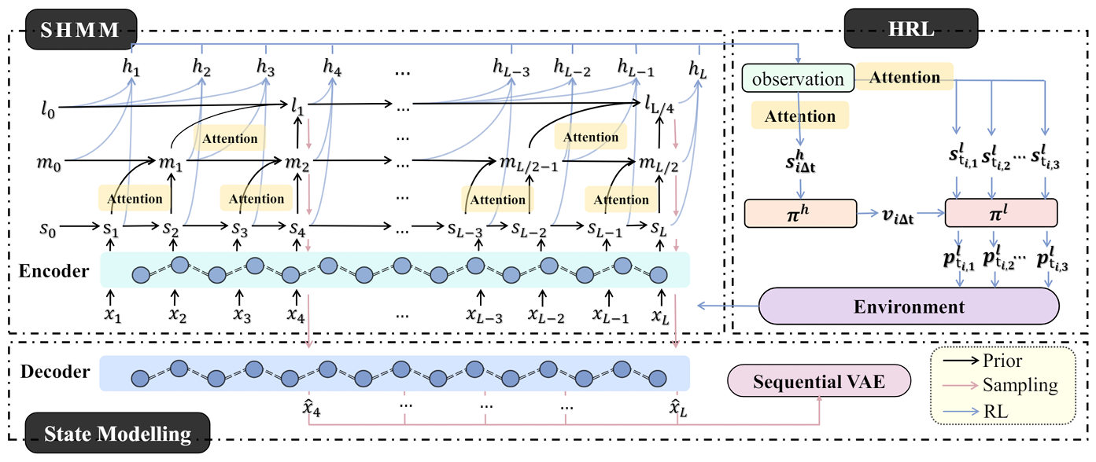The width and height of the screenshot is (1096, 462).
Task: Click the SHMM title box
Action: [x=81, y=29]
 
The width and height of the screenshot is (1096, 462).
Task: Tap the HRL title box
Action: [x=911, y=28]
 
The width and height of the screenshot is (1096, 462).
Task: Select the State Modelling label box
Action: [x=117, y=433]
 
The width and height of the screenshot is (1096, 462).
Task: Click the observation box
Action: [x=798, y=78]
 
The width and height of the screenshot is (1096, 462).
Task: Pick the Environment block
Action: [x=909, y=306]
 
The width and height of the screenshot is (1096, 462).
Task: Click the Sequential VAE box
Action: [x=819, y=381]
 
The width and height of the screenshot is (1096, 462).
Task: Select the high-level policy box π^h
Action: [x=800, y=214]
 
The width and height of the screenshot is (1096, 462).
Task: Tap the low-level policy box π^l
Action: [x=1001, y=213]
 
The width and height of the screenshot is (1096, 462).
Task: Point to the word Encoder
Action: [x=54, y=270]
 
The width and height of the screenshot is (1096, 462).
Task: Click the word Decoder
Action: [x=55, y=372]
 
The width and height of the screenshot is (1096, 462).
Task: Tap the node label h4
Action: [x=332, y=68]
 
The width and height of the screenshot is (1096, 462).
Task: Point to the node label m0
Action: [x=49, y=163]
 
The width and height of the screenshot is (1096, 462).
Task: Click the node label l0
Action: [x=48, y=109]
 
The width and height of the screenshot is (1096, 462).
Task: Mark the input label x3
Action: [x=242, y=315]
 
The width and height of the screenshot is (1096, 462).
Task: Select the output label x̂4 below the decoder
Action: [x=312, y=407]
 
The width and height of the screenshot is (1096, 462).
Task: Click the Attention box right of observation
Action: [x=904, y=77]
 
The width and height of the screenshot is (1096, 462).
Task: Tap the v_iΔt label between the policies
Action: [x=898, y=214]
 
